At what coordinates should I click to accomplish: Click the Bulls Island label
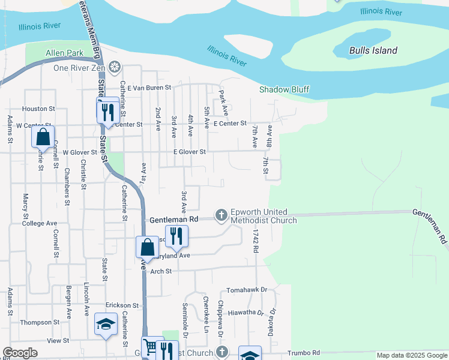[373, 50]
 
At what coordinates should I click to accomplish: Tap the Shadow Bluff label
[284, 89]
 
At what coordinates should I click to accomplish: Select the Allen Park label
[65, 53]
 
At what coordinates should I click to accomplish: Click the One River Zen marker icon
[114, 67]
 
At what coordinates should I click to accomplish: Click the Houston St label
[38, 109]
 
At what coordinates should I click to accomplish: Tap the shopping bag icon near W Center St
[43, 137]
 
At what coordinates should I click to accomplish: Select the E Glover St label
[189, 152]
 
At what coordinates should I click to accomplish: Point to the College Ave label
[39, 223]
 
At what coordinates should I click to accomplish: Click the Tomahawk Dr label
[247, 290]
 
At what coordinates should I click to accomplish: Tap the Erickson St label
[122, 305]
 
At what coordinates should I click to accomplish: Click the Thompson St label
[40, 322]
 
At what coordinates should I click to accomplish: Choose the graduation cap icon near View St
[106, 324]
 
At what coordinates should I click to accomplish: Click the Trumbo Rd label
[304, 353]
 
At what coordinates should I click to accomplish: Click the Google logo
[20, 353]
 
